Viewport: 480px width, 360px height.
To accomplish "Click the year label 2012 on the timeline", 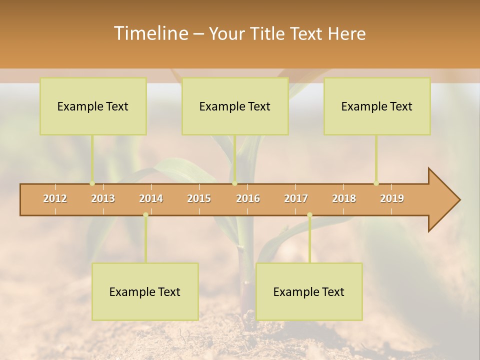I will tap(55, 198).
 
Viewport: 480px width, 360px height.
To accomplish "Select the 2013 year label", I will tap(103, 198).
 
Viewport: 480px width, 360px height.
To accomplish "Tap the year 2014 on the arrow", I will tap(151, 198).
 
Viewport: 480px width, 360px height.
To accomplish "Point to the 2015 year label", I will tap(199, 198).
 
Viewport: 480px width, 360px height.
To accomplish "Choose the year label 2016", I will tap(248, 198).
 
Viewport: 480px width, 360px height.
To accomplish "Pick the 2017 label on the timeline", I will tap(296, 198).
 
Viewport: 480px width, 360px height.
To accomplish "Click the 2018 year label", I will tap(344, 198).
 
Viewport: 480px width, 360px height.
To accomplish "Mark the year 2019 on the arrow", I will tap(392, 198).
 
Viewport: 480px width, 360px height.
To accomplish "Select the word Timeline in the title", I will tap(150, 33).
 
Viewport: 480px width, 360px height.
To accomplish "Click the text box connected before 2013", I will tap(93, 106).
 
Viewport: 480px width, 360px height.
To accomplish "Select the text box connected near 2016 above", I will tap(235, 106).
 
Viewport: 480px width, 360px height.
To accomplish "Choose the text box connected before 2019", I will tap(377, 106).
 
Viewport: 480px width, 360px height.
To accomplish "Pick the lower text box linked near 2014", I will tap(145, 291).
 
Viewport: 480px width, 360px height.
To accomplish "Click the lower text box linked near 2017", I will tap(309, 291).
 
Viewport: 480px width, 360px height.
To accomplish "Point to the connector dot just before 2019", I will tap(376, 183).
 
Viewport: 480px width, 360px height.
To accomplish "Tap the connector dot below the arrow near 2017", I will tap(309, 215).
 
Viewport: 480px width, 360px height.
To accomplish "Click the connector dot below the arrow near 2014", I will tap(145, 215).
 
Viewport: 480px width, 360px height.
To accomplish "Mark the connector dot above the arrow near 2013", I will tap(92, 183).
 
